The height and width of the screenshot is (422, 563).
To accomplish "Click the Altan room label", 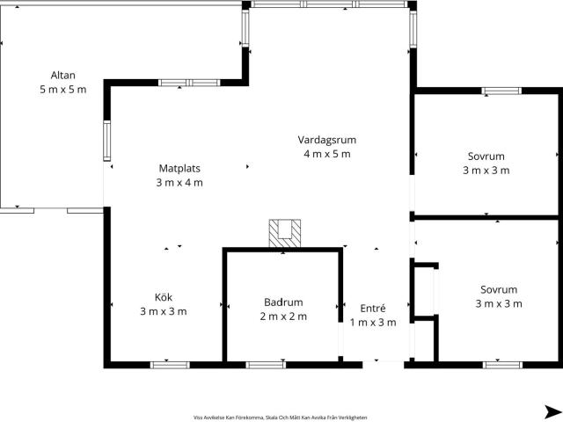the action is pos(63,76).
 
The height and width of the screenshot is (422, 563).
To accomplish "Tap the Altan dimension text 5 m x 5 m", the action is pos(63,90).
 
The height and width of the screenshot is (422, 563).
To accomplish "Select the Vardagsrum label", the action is pos(327,140).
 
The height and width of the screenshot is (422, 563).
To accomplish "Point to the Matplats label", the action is pos(179,168).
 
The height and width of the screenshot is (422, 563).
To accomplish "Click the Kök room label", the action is pos(164,297).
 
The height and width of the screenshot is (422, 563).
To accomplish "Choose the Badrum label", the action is pos(283,302).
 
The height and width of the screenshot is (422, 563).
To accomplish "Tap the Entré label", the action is pos(373,309).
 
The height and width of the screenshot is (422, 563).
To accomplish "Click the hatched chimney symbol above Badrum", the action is pos(285,234).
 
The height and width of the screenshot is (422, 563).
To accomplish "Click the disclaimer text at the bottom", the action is pos(280,418).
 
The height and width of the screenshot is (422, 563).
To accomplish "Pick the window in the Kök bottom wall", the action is pos(170,366).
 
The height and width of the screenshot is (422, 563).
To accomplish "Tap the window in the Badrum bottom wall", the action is pos(266,366).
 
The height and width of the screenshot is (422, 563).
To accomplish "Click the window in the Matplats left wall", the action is pos(107,141).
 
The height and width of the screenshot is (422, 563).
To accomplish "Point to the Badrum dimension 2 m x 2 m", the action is pos(283,316).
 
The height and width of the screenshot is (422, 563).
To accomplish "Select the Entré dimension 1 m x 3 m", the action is pos(373,323).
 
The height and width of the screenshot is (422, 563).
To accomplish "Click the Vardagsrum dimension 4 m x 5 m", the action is pos(327,154).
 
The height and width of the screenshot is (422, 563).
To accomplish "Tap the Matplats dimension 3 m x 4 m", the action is pos(179,183).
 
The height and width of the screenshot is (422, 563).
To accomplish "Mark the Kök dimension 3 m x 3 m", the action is pos(164,311).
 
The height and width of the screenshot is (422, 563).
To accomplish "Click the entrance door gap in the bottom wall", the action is pos(384,365).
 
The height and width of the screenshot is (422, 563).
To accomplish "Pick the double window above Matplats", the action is pos(189,83).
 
